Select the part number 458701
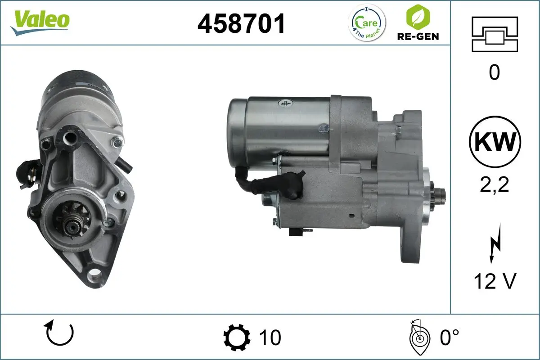click(242, 23)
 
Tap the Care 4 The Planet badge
click(368, 23)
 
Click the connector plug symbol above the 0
click(494, 34)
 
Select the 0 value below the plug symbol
click(494, 72)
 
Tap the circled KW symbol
click(495, 142)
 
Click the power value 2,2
click(494, 184)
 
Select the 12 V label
click(494, 281)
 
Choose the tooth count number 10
click(270, 337)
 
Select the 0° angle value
click(449, 337)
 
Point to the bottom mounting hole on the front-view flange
click(94, 273)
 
